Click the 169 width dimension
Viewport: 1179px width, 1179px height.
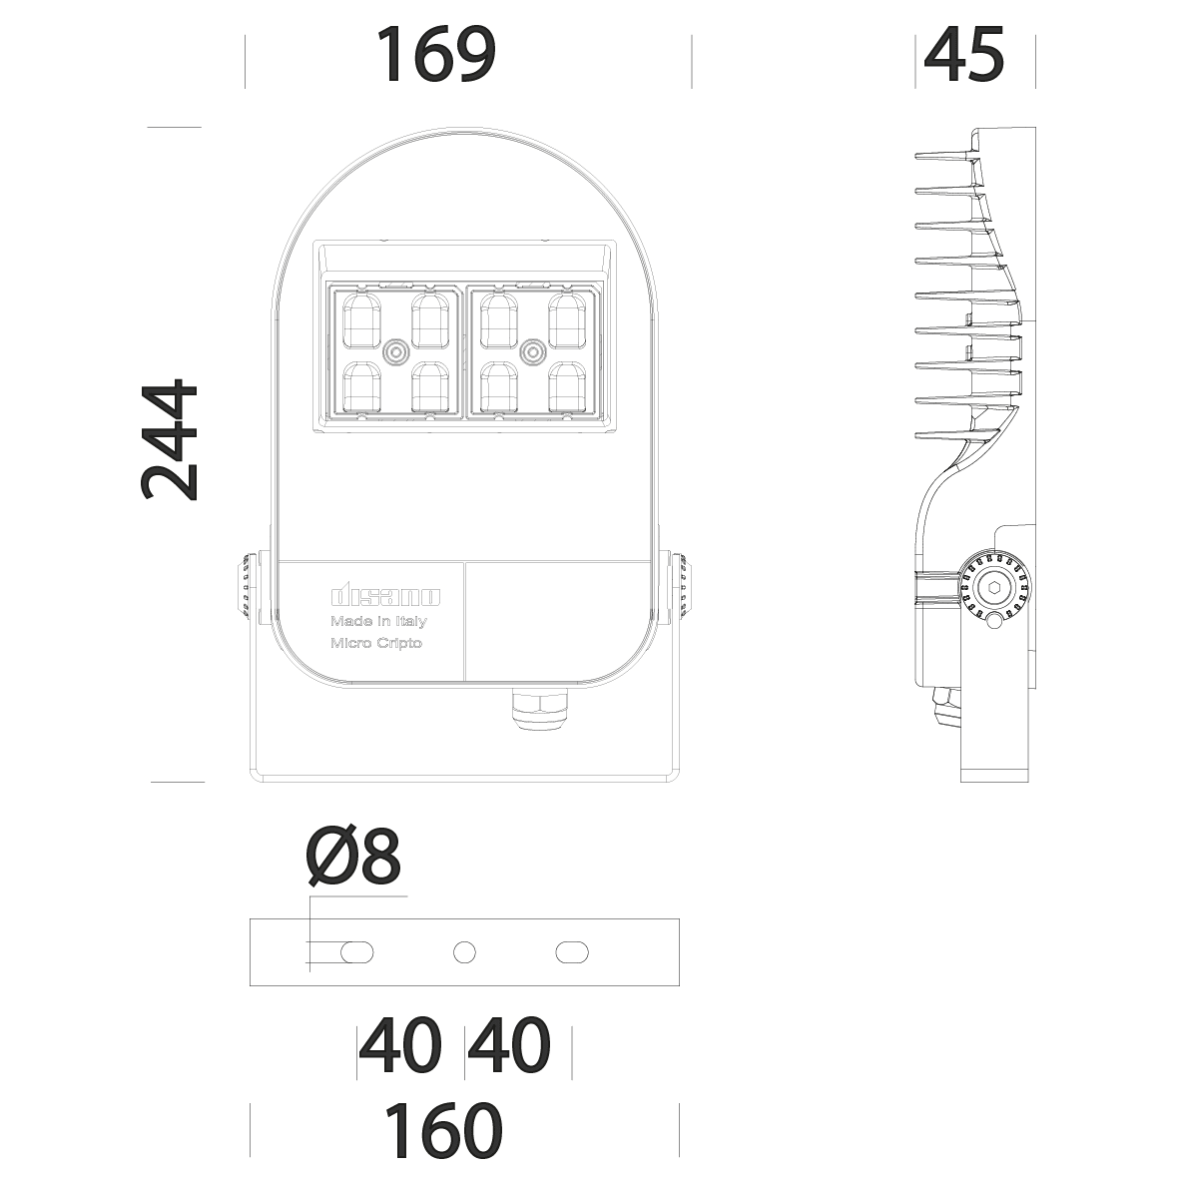click(x=435, y=56)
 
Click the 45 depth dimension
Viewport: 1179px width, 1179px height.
click(x=964, y=56)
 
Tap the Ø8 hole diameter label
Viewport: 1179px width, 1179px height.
click(x=355, y=856)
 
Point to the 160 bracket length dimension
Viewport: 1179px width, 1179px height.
click(x=444, y=1130)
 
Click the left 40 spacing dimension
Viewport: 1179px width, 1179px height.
click(x=400, y=1045)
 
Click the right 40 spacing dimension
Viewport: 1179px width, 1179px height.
click(x=509, y=1045)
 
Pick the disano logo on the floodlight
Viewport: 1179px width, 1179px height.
click(x=385, y=597)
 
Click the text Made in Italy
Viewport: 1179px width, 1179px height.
click(x=378, y=622)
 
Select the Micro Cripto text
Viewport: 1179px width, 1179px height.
click(x=376, y=643)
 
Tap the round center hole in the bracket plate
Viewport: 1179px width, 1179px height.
click(x=464, y=952)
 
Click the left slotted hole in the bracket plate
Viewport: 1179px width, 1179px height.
click(x=357, y=952)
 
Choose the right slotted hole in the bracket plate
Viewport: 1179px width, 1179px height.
click(x=572, y=952)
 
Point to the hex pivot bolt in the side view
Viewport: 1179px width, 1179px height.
click(x=995, y=588)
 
